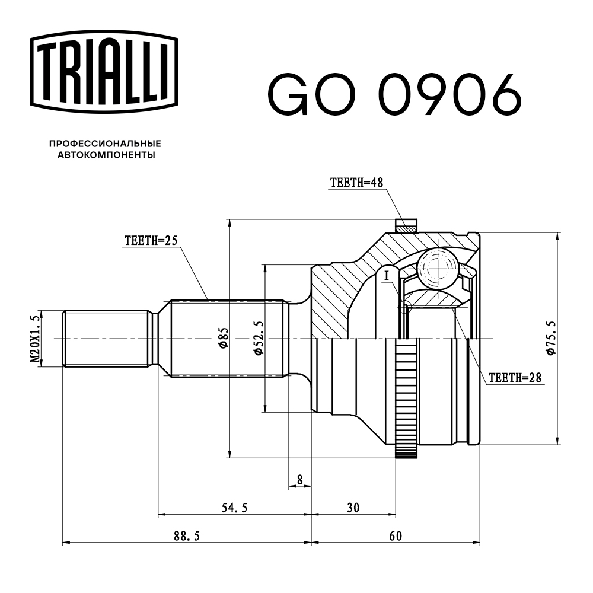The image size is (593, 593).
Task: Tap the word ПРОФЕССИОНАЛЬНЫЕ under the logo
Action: point(105,144)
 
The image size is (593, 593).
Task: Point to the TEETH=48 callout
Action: point(355,183)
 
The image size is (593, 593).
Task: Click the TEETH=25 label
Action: point(151,241)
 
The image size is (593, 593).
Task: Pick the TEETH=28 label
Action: point(515,377)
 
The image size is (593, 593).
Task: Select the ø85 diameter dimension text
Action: point(224,339)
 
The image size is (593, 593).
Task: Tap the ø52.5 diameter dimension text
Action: point(259,339)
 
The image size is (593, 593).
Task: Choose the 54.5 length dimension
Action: point(234,508)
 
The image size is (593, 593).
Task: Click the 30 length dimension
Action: point(353,508)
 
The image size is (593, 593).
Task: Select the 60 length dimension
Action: point(396,536)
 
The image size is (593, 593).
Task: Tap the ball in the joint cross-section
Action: point(437,267)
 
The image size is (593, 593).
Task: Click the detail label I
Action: point(387,275)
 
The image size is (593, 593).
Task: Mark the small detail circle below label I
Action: point(406,307)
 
